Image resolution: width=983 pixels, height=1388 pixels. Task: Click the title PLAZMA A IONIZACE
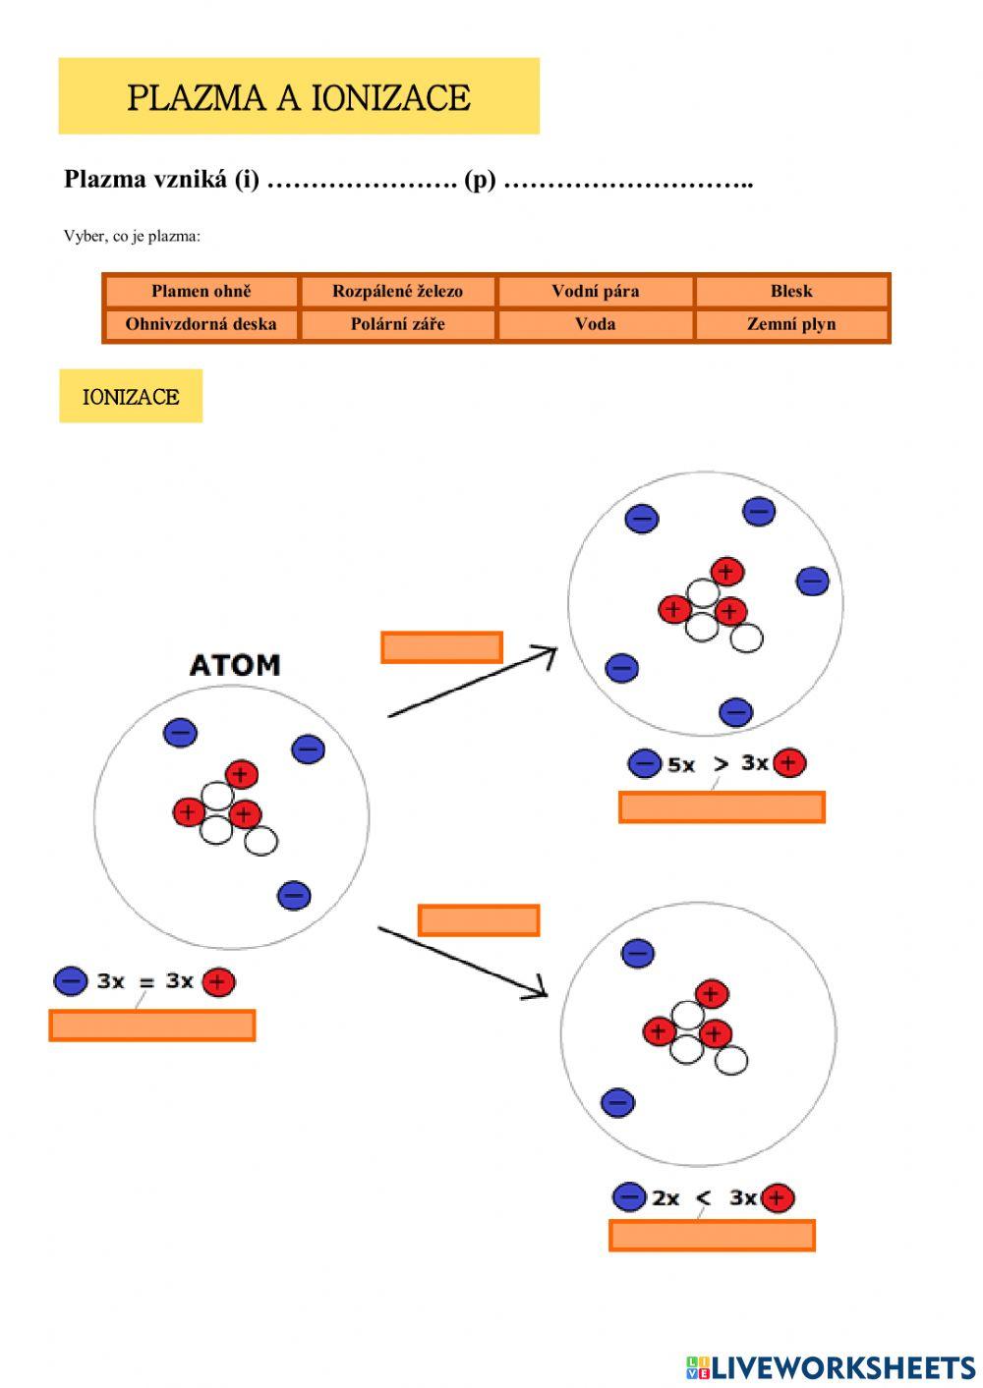[298, 97]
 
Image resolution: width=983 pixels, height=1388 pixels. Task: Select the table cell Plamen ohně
[201, 291]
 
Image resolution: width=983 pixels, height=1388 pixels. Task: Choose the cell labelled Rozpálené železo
[397, 291]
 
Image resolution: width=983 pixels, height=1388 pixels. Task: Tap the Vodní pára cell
[595, 291]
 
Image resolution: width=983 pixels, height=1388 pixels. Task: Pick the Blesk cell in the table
[791, 291]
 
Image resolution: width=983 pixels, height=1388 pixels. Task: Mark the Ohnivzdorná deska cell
[201, 324]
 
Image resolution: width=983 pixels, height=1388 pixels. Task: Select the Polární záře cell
[397, 324]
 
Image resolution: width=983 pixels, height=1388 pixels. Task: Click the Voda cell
[595, 324]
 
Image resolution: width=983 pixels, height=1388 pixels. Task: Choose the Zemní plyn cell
[791, 324]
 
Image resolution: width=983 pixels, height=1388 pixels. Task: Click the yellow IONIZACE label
[131, 397]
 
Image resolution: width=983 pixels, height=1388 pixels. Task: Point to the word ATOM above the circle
[235, 665]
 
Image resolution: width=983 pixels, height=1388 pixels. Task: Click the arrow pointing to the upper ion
[472, 682]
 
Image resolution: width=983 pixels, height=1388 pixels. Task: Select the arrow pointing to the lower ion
[462, 962]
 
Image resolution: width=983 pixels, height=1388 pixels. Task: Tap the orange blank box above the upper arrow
[441, 647]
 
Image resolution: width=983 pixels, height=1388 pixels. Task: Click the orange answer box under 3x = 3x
[152, 1025]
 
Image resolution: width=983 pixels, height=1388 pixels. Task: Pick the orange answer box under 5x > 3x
[722, 806]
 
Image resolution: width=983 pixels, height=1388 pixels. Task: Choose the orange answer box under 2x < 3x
[712, 1235]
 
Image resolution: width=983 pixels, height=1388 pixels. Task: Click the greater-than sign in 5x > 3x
[721, 763]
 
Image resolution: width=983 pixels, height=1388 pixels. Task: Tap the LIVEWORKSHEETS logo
[831, 1366]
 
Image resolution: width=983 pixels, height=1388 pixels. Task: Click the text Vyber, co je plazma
[132, 236]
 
